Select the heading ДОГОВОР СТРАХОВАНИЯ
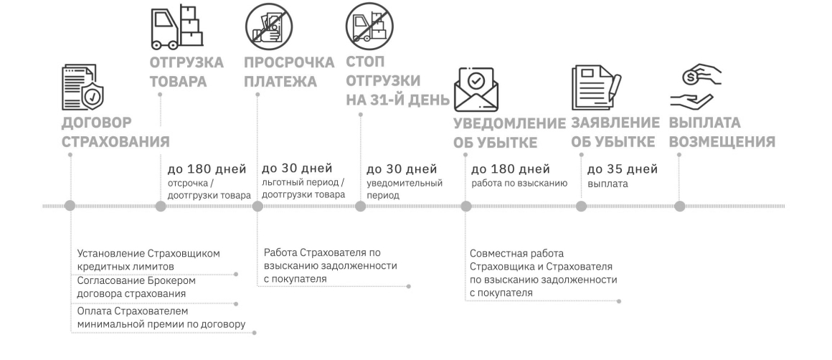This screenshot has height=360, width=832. tap(115, 131)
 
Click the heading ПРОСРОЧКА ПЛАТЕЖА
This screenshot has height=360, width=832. tap(289, 72)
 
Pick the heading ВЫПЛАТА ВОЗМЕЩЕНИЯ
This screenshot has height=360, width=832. tap(722, 132)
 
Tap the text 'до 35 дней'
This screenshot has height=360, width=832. tap(622, 170)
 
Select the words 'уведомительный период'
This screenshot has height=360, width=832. tap(404, 189)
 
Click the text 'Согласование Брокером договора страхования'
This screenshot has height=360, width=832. tap(136, 287)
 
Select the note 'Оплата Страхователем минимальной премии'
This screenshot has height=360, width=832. tap(161, 318)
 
